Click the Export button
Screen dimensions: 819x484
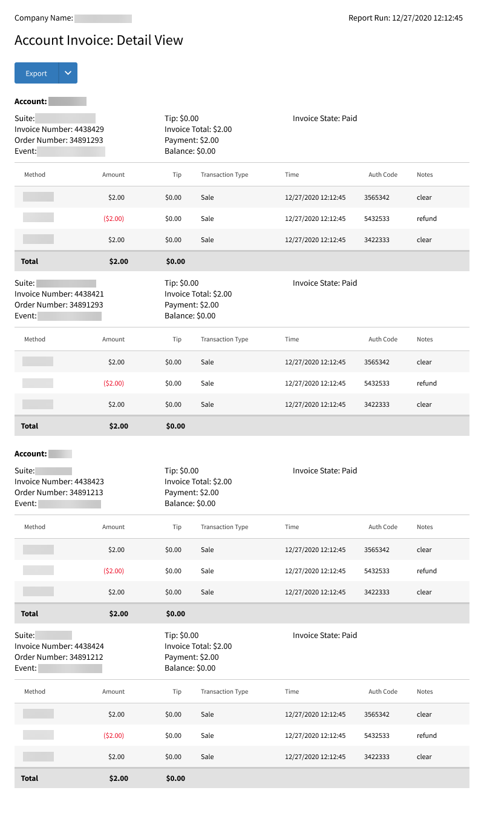pyautogui.click(x=36, y=73)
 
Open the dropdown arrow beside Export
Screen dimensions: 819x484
pyautogui.click(x=68, y=73)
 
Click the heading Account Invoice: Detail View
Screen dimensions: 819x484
pyautogui.click(x=99, y=41)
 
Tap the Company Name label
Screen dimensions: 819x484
pyautogui.click(x=44, y=18)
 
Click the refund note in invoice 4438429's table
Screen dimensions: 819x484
pyautogui.click(x=427, y=219)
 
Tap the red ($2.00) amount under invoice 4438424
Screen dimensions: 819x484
pyautogui.click(x=114, y=735)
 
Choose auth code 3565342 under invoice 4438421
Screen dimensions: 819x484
pyautogui.click(x=377, y=362)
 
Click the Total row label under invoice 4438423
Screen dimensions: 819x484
pyautogui.click(x=30, y=614)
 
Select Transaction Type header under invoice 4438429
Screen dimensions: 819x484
pyautogui.click(x=224, y=175)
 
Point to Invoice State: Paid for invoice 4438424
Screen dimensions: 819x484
pyautogui.click(x=325, y=636)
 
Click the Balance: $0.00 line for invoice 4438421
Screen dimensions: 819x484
pyautogui.click(x=190, y=316)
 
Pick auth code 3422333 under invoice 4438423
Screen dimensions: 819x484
pyautogui.click(x=377, y=592)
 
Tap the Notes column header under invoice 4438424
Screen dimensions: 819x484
pyautogui.click(x=425, y=692)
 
